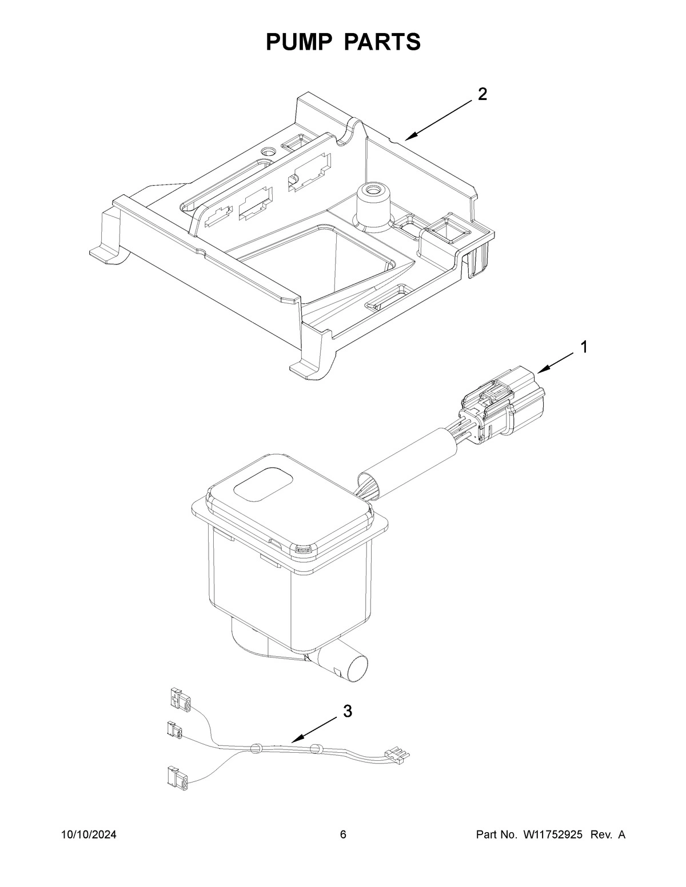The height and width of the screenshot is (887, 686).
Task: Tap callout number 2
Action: [x=482, y=94]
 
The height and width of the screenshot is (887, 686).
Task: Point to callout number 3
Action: [x=347, y=712]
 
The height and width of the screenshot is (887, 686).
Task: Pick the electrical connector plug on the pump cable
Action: [x=503, y=403]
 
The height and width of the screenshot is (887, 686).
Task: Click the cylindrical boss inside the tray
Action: [x=372, y=204]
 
